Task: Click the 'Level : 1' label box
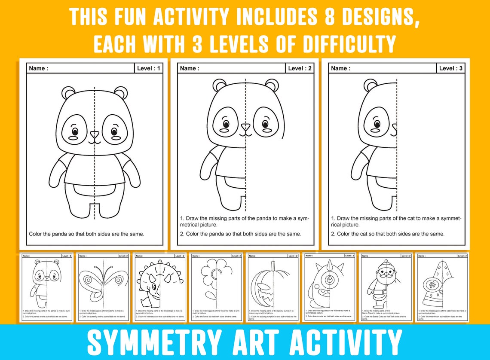tap(149, 68)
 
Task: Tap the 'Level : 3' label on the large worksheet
tap(450, 68)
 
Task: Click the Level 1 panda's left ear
tap(68, 92)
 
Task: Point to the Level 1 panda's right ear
tap(121, 92)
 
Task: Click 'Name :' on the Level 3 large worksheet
tap(340, 68)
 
